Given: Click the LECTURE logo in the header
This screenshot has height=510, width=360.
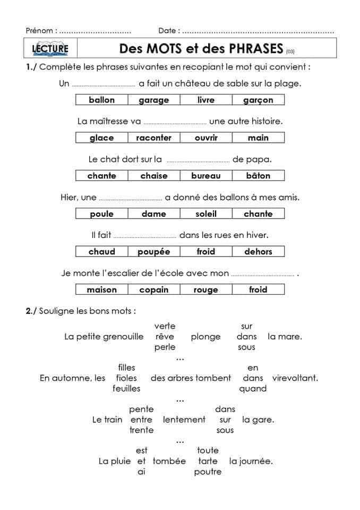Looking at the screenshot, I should point(50,49).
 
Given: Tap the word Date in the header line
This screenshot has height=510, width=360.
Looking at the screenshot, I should point(168,31).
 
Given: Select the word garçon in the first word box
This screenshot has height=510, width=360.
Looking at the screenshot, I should point(258,100).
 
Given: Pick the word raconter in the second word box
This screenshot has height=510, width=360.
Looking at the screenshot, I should point(154,138).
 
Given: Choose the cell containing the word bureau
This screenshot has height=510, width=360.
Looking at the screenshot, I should point(205,176).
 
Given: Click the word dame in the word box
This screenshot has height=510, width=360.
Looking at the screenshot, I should point(154,214).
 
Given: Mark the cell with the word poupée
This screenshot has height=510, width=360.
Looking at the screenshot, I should point(154,252).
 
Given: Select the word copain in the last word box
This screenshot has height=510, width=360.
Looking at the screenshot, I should point(154,290).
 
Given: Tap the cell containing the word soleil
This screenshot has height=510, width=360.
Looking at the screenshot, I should point(205,214).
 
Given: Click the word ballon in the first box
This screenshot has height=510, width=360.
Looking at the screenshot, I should point(102,100).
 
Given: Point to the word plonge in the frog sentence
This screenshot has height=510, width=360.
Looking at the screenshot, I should point(205,337).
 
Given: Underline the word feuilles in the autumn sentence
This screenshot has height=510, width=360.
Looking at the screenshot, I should point(126,388).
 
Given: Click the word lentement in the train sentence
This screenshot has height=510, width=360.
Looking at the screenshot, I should point(184,420).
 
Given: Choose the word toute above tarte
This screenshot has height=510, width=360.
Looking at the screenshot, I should point(208,450).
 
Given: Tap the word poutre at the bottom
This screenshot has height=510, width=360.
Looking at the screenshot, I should point(208,472).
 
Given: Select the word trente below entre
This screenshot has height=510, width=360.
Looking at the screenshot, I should point(141,430).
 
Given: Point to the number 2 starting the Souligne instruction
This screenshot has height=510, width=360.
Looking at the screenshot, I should point(29,311).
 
